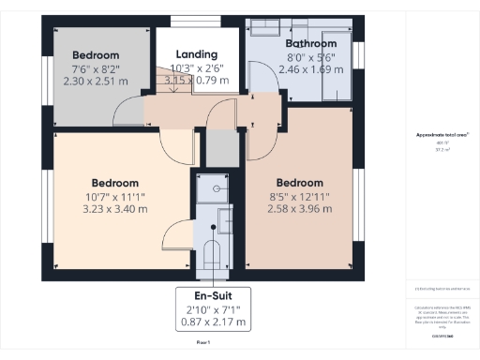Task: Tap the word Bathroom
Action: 310,43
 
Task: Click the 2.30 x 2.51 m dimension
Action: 95,81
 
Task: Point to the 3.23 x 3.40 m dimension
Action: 115,209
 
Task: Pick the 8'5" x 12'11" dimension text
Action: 299,196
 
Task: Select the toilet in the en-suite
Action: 213,254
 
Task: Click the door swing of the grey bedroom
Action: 127,112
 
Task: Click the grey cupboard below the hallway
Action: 218,147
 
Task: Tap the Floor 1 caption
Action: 203,344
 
